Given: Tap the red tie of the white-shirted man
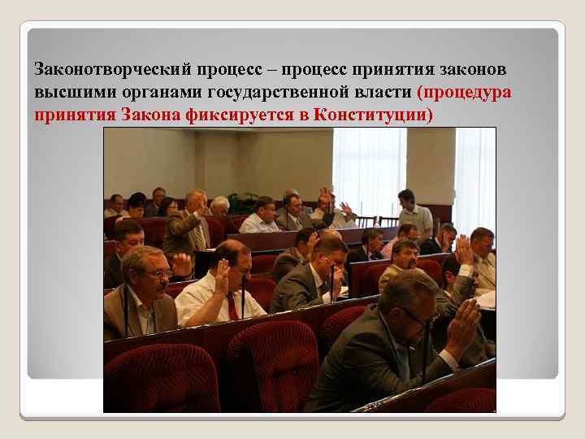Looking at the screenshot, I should [x=232, y=306].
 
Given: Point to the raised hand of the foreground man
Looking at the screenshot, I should [x=463, y=325].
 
